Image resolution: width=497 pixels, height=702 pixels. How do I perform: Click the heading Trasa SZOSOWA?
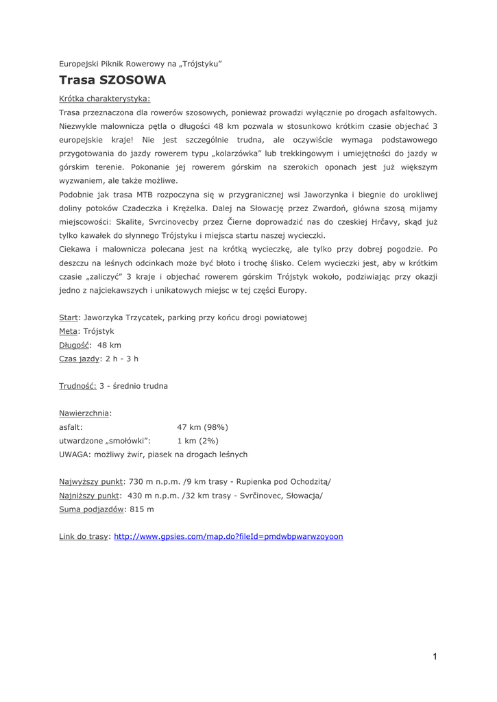pyautogui.click(x=112, y=80)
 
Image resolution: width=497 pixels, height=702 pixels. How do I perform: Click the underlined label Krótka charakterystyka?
pyautogui.click(x=104, y=98)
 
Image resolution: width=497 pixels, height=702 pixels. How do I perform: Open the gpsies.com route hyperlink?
pyautogui.click(x=228, y=536)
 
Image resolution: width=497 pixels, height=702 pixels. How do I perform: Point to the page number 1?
pyautogui.click(x=435, y=657)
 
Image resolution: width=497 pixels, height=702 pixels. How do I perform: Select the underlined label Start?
pyautogui.click(x=69, y=317)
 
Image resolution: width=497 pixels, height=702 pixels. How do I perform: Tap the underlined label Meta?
pyautogui.click(x=69, y=331)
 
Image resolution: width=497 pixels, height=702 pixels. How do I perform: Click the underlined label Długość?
pyautogui.click(x=75, y=345)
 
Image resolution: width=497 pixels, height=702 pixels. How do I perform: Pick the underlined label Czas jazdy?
pyautogui.click(x=80, y=359)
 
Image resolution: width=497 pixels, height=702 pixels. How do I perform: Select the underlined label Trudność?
pyautogui.click(x=77, y=386)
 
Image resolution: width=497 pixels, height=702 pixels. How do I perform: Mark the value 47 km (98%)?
pyautogui.click(x=202, y=427)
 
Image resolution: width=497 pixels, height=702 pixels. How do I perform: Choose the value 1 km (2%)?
pyautogui.click(x=197, y=441)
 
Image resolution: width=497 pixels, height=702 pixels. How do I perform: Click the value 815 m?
pyautogui.click(x=142, y=509)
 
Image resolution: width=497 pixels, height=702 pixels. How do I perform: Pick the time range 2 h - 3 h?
pyautogui.click(x=122, y=359)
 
